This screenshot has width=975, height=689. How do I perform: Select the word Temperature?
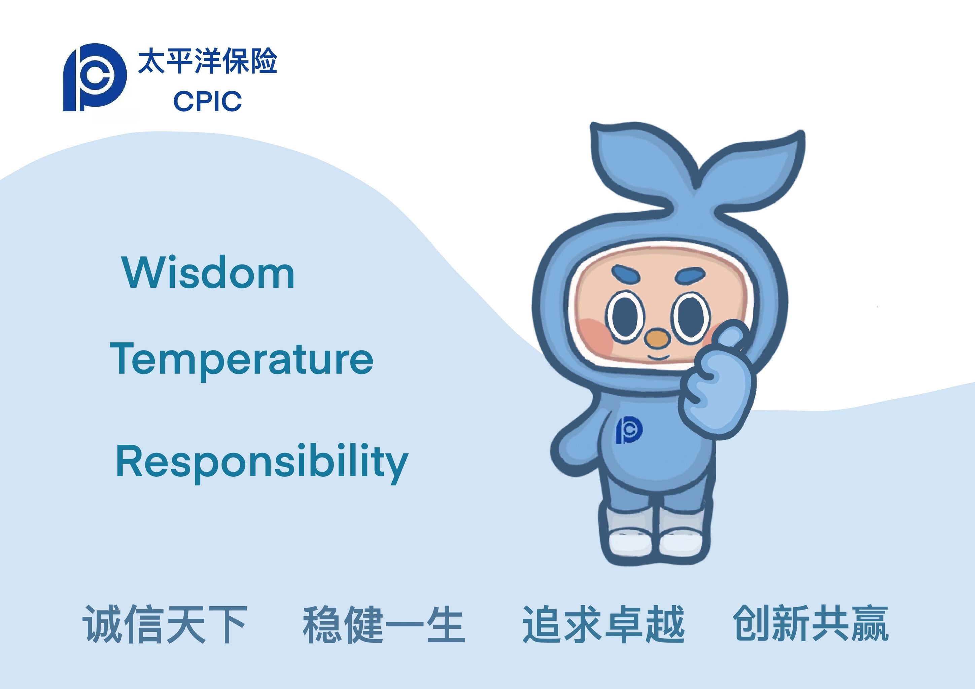[242, 359]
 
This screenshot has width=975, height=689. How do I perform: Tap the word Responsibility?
[262, 462]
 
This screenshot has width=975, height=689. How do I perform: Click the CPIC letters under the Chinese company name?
[207, 101]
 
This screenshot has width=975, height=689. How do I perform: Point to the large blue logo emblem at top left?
[95, 77]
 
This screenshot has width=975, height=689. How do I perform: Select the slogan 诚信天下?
[165, 624]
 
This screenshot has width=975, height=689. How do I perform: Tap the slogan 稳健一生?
[384, 624]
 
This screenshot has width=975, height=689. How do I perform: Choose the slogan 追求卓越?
[603, 624]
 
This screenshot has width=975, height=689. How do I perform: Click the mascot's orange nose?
[657, 339]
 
